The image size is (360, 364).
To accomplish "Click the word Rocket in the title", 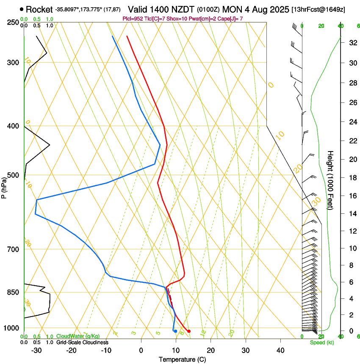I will (x=39, y=9).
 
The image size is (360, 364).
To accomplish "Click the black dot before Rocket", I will (x=22, y=9).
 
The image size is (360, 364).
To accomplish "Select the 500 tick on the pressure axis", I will (x=13, y=175).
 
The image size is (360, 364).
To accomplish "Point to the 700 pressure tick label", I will (x=13, y=249).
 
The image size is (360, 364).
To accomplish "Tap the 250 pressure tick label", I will (x=13, y=22).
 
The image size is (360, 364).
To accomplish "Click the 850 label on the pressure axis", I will (x=13, y=292).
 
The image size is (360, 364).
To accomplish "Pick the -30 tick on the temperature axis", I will (x=36, y=350).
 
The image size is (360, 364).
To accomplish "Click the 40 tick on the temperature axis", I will (x=280, y=350).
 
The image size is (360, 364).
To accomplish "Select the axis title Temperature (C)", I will (x=182, y=359).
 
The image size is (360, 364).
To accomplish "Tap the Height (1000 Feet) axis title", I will (x=331, y=180).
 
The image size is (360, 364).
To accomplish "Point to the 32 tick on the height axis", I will (x=352, y=43).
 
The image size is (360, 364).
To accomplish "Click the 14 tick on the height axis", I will (x=352, y=214).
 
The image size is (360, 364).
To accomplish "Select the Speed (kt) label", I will (x=321, y=342).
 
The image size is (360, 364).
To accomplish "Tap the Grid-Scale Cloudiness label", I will (x=82, y=342).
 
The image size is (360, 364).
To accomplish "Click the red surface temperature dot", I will (x=189, y=331).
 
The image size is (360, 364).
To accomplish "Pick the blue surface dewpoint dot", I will (x=175, y=331).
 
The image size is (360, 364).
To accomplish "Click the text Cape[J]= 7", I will (x=231, y=19).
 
